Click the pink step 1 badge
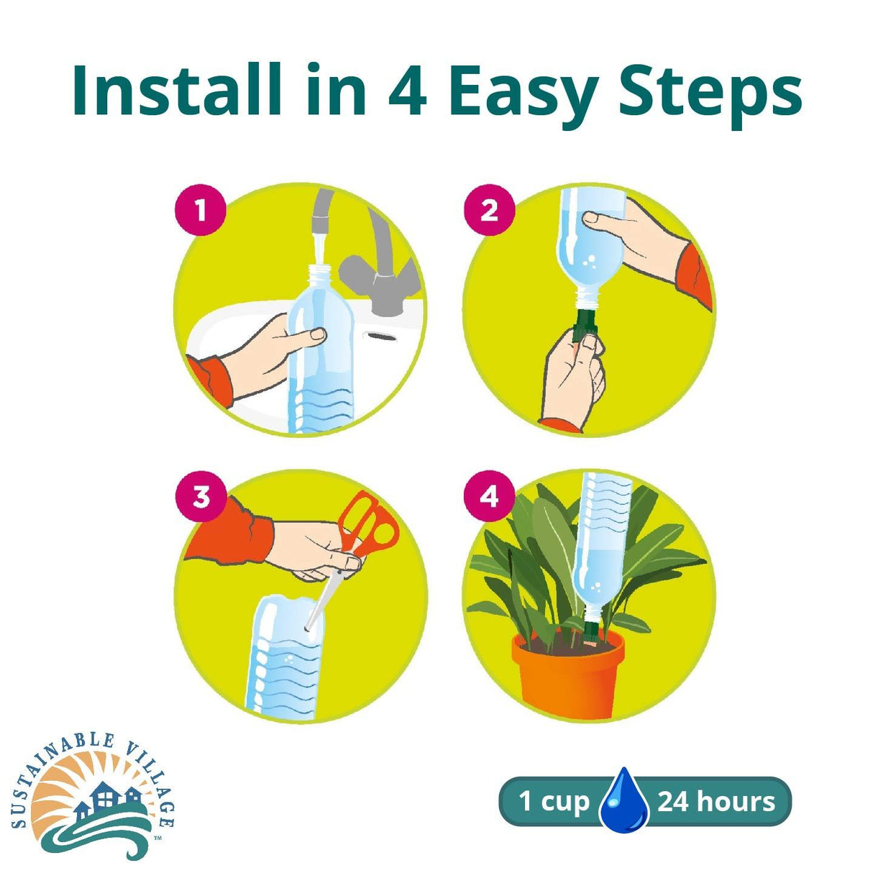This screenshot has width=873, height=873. (201, 211)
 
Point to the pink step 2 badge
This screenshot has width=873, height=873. (489, 211)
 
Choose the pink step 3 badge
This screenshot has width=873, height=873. (201, 496)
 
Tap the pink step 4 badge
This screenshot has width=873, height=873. (489, 496)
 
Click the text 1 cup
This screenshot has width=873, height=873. (554, 800)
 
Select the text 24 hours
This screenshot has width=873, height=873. (716, 800)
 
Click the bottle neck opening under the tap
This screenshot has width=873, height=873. (318, 272)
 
